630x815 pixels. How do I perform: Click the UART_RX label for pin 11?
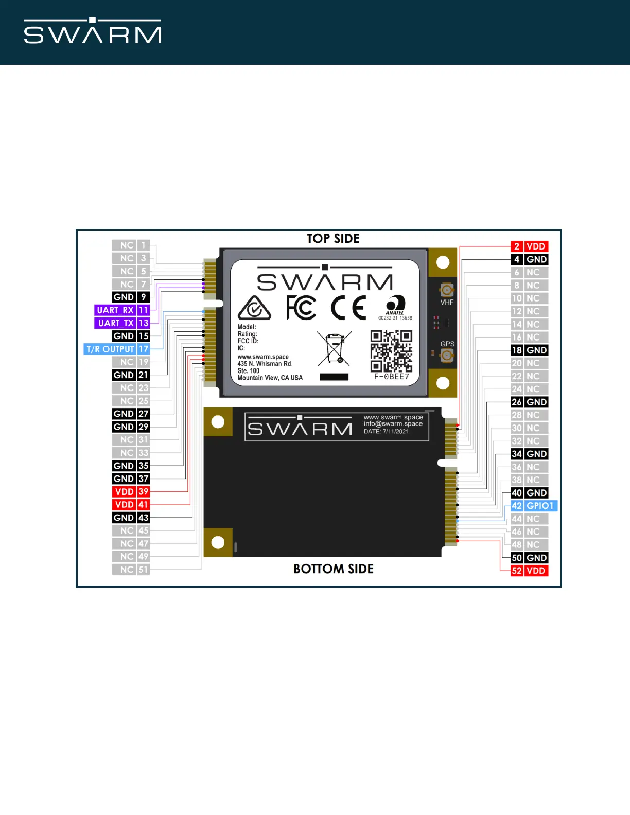point(115,310)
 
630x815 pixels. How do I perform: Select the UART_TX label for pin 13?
point(116,323)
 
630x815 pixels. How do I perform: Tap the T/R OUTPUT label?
point(110,349)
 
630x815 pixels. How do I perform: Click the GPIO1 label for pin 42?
point(540,506)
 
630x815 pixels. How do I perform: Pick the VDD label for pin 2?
point(536,246)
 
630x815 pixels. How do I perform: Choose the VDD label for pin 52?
point(536,571)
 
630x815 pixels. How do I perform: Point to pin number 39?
point(143,492)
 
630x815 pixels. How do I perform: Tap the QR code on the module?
point(391,350)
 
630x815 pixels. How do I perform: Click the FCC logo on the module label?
point(301,308)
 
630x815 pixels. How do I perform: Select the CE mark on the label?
point(348,308)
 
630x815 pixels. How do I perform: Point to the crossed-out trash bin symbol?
point(335,348)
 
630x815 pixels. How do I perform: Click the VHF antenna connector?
point(447,290)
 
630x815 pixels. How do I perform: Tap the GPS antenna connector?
point(447,355)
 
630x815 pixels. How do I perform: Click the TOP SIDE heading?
point(333,239)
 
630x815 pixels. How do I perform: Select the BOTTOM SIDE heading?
point(334,569)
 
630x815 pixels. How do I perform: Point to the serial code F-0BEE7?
point(392,377)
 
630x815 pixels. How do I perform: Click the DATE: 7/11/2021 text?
point(386,432)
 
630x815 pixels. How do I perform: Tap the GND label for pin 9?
point(124,297)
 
